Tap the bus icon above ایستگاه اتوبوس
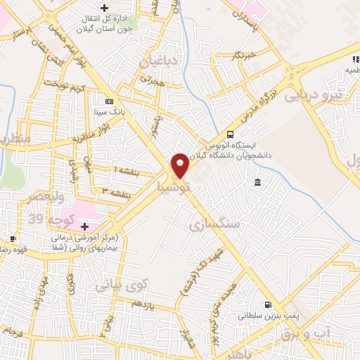[231, 135]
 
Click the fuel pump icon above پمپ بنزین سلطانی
[267, 304]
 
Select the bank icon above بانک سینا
[108, 101]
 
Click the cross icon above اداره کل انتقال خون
[105, 8]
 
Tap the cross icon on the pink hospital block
[85, 226]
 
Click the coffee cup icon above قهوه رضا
[13, 239]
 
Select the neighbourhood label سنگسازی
[215, 224]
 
